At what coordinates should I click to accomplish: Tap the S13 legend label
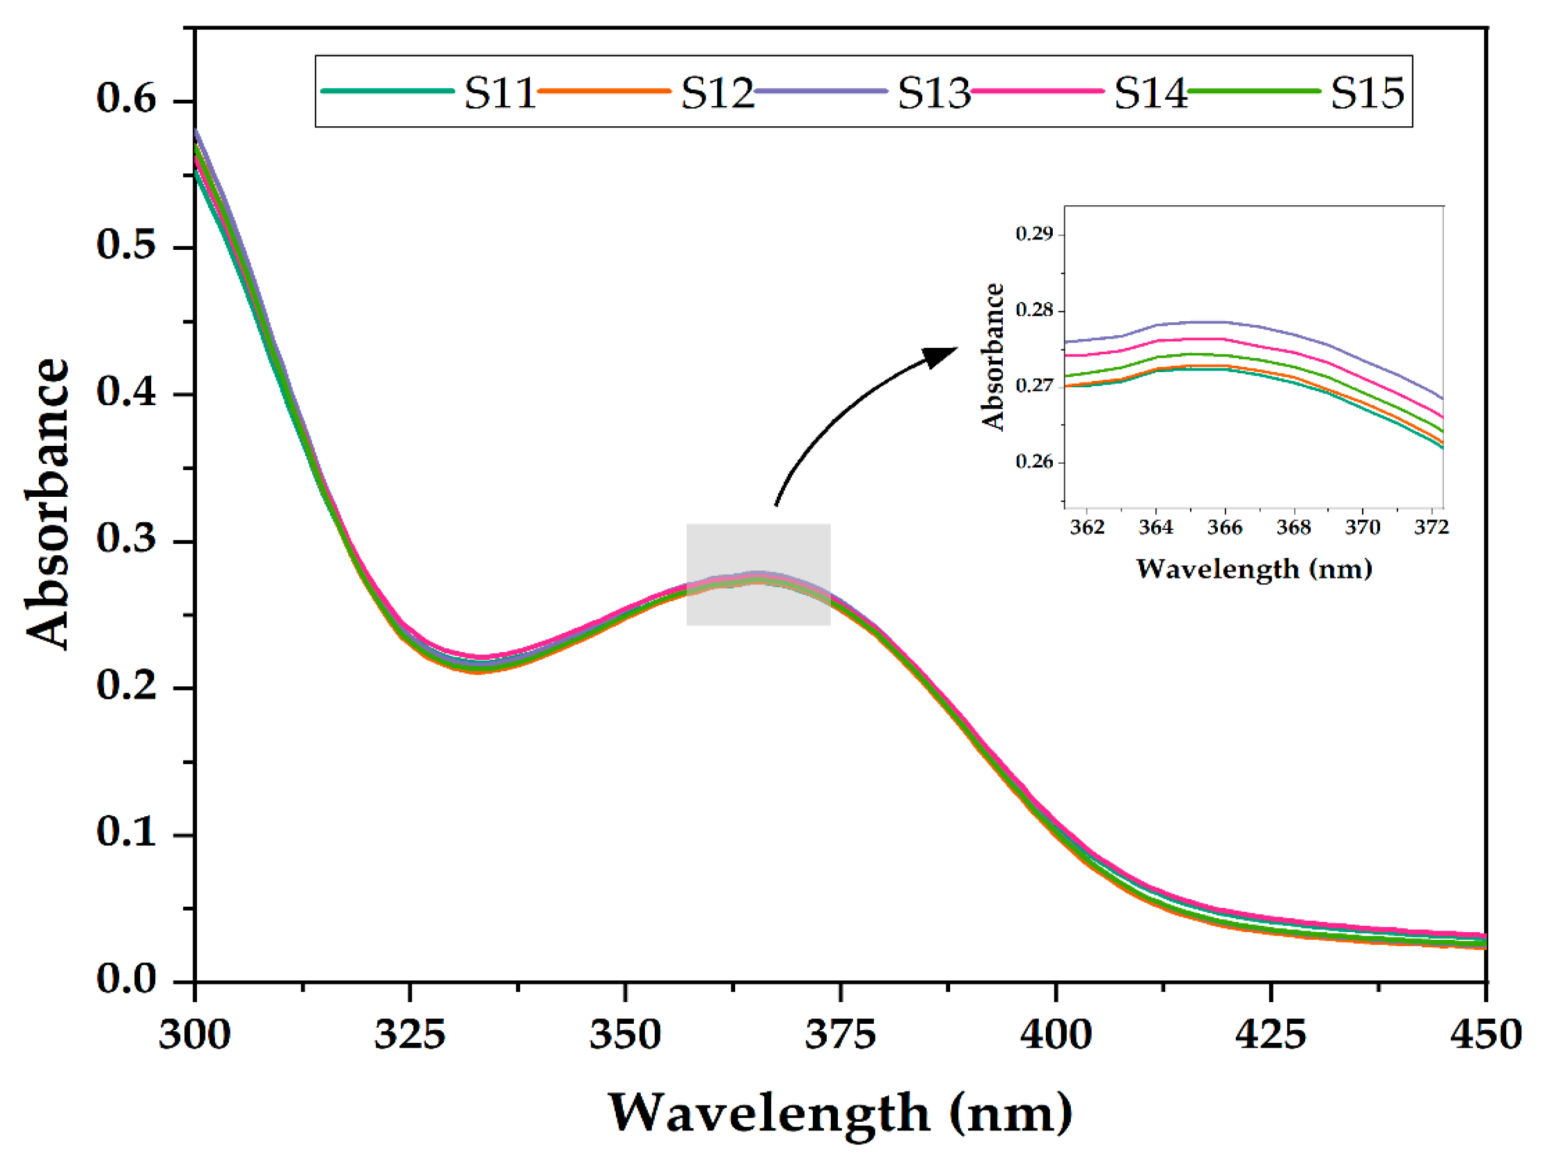click(933, 93)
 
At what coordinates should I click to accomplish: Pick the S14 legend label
click(1149, 93)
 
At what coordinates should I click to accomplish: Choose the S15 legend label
click(1367, 93)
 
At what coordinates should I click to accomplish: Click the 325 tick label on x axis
click(410, 1035)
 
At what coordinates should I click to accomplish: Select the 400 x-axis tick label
click(1056, 1035)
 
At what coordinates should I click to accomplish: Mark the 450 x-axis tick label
click(1485, 1035)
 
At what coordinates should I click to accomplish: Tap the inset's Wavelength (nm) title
click(1254, 569)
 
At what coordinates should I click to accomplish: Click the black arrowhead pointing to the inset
click(941, 355)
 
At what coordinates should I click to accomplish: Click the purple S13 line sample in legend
click(821, 91)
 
